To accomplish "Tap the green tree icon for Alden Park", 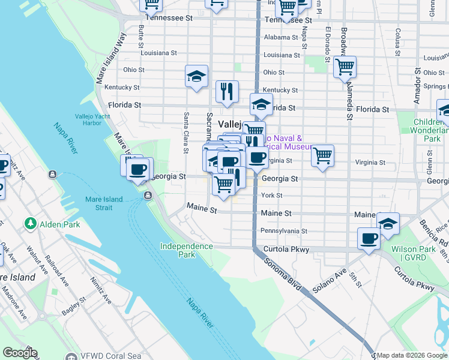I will [31, 224].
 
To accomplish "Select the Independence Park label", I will [186, 250].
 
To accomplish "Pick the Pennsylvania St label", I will [283, 231].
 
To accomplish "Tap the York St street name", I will [271, 196].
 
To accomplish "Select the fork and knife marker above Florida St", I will [227, 91].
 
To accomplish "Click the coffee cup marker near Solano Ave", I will [369, 238].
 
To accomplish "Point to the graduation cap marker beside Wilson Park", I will [388, 223].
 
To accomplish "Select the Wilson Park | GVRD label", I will [412, 253].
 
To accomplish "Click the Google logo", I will [20, 353].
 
